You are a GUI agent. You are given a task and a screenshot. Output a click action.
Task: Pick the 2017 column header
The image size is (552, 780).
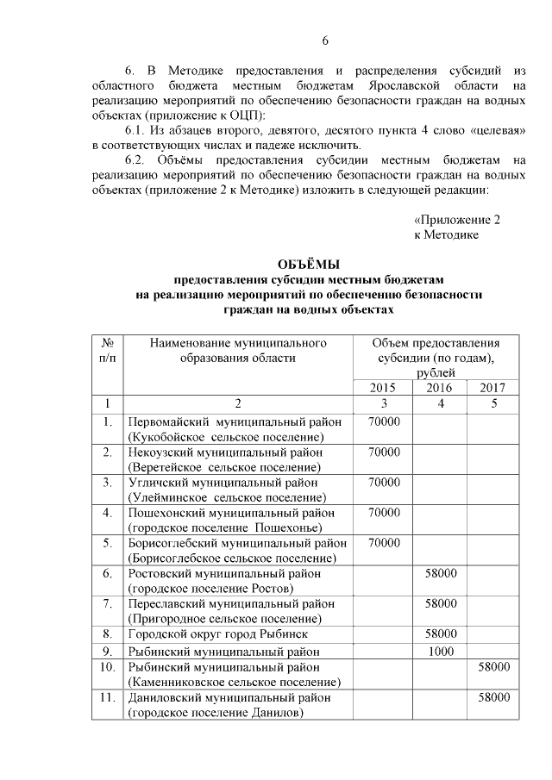click(492, 388)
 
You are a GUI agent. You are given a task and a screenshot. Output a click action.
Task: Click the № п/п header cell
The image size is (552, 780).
click(107, 350)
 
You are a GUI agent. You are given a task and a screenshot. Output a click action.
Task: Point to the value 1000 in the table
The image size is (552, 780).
click(441, 651)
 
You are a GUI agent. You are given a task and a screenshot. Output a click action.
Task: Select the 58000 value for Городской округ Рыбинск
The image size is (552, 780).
click(441, 634)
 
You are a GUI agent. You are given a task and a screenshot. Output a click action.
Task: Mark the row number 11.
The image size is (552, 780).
click(107, 697)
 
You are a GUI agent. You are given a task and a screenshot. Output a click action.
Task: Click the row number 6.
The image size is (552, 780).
click(107, 573)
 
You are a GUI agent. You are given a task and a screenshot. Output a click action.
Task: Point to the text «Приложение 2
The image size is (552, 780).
click(456, 219)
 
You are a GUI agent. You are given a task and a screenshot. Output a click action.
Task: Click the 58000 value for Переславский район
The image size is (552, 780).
click(441, 603)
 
